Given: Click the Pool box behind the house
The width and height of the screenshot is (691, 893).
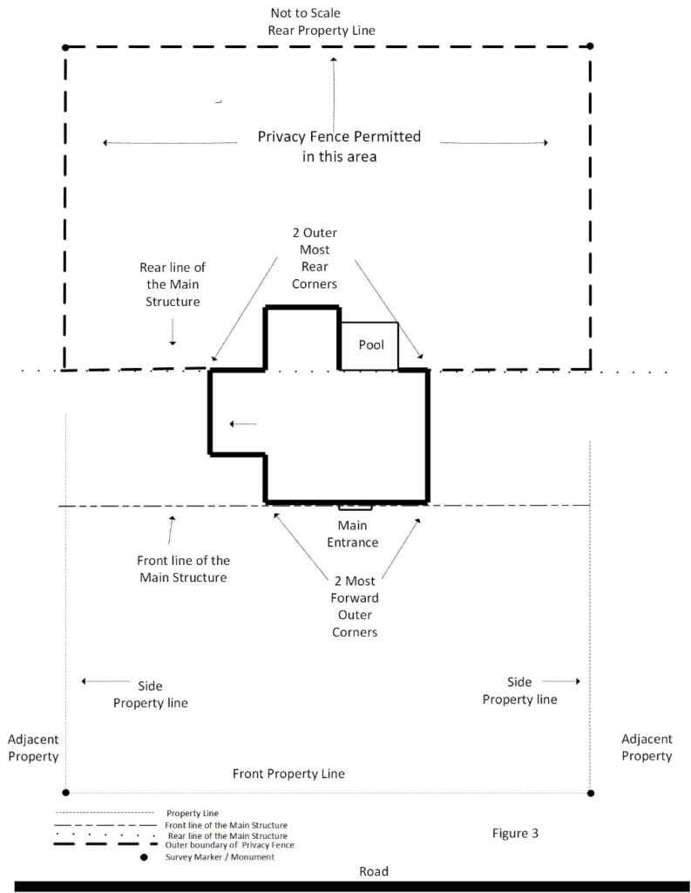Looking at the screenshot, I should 369,345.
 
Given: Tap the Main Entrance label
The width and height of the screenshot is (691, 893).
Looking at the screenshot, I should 359,534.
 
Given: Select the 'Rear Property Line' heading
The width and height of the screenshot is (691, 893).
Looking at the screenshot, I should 322,30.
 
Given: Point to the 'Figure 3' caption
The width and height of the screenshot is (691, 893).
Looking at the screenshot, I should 515,833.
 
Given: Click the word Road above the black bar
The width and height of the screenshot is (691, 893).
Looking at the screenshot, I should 374,871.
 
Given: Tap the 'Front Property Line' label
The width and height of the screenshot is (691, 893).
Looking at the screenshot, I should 288,774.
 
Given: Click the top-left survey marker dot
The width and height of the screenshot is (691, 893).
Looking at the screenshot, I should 65,46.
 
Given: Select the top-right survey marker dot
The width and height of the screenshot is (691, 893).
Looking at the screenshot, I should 590,46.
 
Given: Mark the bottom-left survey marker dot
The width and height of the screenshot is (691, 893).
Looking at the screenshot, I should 65,793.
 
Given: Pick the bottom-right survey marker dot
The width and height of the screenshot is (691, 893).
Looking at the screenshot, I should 590,793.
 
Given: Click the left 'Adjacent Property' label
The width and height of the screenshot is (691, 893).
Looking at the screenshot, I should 33,747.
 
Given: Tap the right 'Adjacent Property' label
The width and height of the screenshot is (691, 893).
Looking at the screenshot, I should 647,747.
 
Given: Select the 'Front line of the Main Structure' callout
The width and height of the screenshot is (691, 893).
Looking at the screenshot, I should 183,569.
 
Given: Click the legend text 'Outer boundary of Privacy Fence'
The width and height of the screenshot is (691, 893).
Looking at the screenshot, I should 229,845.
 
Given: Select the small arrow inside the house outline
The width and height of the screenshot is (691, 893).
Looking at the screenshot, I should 243,425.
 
